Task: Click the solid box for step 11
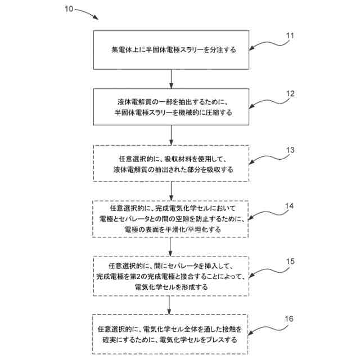170,49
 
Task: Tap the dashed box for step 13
170,164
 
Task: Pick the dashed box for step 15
170,276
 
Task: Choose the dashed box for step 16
170,334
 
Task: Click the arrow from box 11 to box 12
170,78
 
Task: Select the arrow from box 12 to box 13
170,135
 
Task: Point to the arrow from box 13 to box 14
170,191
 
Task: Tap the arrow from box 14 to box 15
170,247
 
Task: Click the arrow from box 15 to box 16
170,305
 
